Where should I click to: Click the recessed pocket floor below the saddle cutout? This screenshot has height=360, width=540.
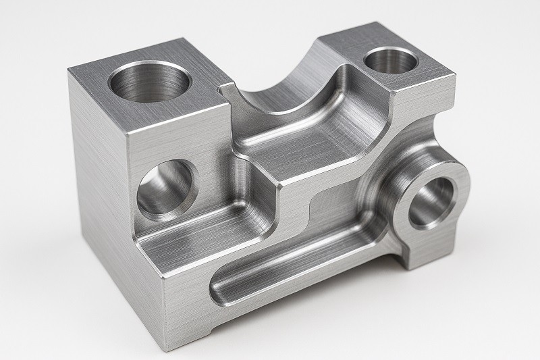(304, 145)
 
